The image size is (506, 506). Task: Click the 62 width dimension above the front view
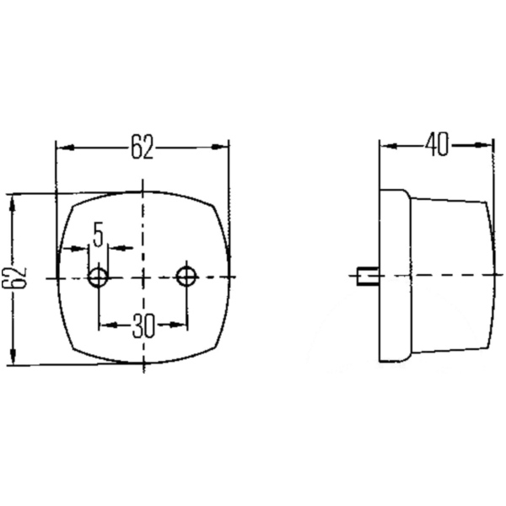142,148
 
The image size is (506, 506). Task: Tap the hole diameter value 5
98,234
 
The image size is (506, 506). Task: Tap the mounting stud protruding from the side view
364,276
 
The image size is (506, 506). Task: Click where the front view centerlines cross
143,276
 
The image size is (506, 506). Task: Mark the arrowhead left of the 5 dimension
84,248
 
